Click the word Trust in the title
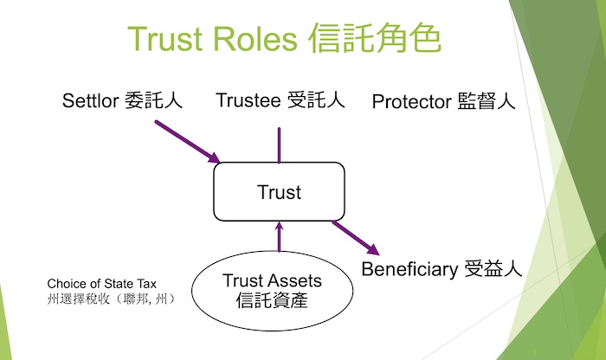(x=165, y=39)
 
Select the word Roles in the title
(x=255, y=39)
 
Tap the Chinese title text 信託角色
(x=375, y=37)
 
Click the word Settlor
(x=90, y=100)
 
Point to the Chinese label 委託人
(x=153, y=100)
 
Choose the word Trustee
(x=248, y=100)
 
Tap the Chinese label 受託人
(x=316, y=100)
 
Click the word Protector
(x=411, y=102)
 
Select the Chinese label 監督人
(x=487, y=101)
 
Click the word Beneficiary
(x=409, y=269)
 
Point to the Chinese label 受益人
(x=493, y=268)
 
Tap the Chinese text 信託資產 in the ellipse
(x=272, y=300)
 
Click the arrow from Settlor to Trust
(x=188, y=142)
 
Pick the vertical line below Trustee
(x=279, y=145)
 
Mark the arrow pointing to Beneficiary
(x=356, y=238)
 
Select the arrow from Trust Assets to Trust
(x=279, y=237)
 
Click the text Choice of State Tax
(x=101, y=284)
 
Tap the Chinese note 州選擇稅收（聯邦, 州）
(x=112, y=299)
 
